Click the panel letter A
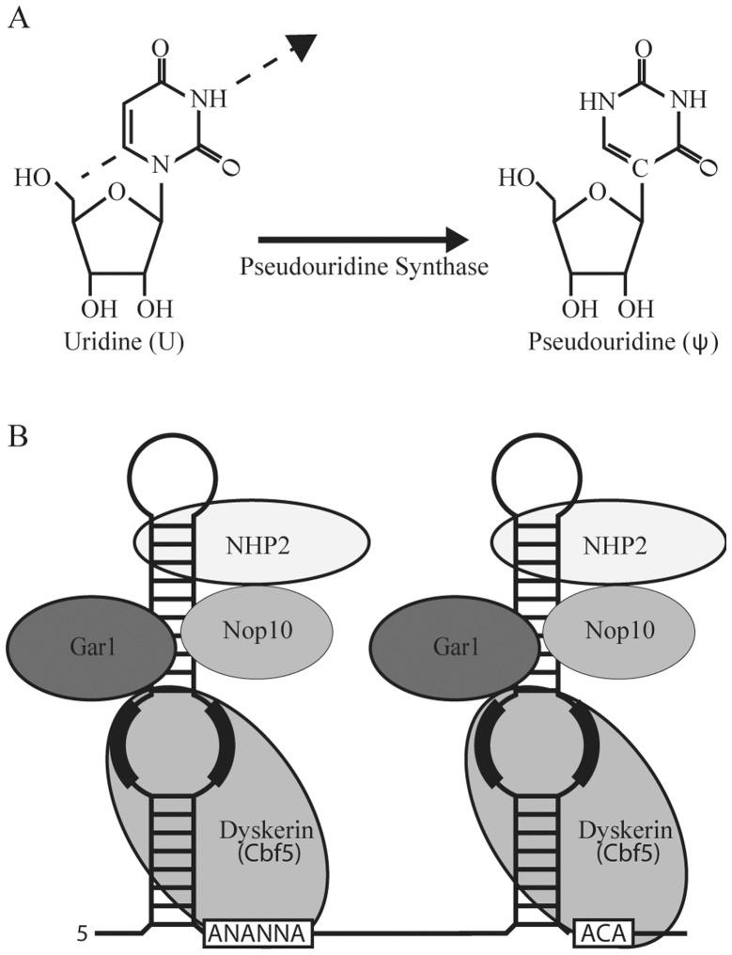click(x=16, y=20)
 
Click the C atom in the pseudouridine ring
click(x=637, y=171)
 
